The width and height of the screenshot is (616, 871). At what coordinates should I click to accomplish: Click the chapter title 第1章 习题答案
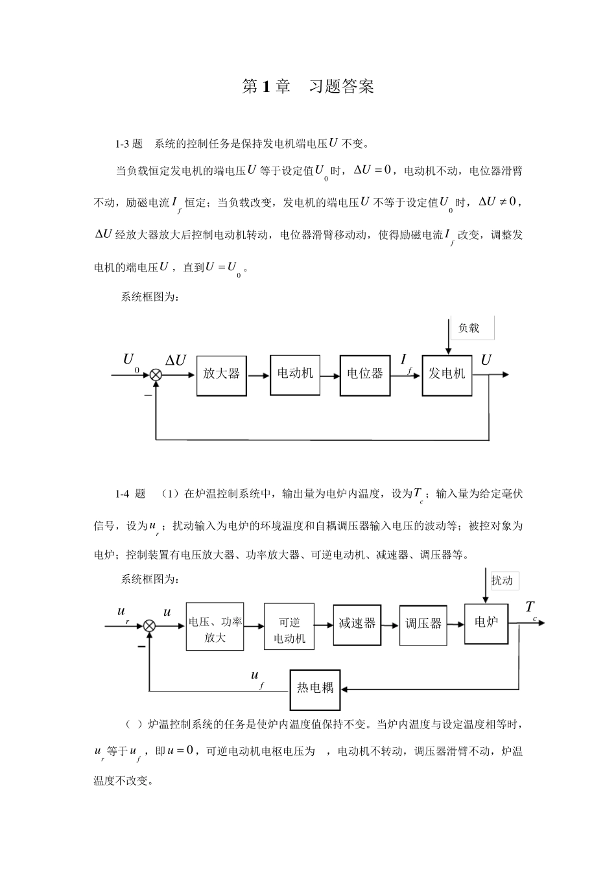[307, 86]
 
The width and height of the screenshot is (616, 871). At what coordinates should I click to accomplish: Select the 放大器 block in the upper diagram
[221, 376]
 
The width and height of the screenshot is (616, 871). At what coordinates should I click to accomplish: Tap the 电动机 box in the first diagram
[295, 375]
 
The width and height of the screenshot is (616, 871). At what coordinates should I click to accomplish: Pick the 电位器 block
[365, 376]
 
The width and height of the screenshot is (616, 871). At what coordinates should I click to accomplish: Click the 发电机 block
[447, 376]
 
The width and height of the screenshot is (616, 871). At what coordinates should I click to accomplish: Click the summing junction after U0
[156, 375]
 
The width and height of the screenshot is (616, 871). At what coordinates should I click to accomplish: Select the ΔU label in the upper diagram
[176, 360]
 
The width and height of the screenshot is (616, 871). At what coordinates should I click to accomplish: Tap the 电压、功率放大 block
[215, 627]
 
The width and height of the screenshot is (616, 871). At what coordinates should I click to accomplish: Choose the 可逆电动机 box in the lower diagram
[289, 627]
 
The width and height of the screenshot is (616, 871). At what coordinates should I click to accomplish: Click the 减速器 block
[357, 625]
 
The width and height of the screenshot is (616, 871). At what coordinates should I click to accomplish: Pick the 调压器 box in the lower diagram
[423, 625]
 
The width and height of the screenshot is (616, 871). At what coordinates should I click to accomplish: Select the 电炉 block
[486, 623]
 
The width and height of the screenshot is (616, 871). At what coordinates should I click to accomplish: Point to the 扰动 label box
[504, 581]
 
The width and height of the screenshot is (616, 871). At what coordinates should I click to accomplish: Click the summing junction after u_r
[149, 625]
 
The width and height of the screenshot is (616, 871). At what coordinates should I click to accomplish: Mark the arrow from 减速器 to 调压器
[390, 625]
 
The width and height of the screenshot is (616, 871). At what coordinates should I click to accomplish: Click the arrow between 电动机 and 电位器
[330, 376]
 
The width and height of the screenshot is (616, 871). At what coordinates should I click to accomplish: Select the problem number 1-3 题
[129, 145]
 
